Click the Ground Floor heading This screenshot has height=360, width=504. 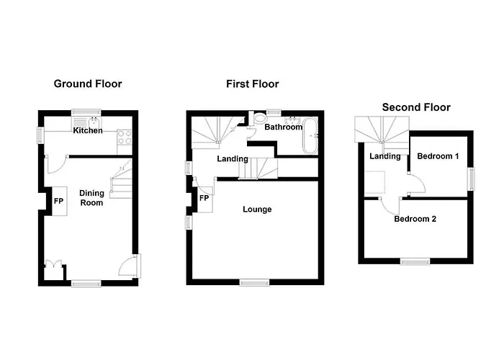88,84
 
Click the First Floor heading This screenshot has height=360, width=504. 252,84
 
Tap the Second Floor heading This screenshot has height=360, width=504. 416,107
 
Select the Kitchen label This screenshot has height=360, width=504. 88,130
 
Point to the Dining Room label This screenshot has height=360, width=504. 91,198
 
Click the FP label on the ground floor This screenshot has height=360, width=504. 58,201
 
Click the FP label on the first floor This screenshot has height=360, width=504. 204,198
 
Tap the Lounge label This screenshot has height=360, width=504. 257,210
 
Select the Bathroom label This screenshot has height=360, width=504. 283,127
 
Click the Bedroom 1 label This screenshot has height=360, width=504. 438,156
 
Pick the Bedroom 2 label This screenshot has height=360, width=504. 415,219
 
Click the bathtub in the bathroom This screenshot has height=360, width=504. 310,135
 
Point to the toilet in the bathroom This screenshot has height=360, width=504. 258,119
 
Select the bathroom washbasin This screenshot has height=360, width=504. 293,120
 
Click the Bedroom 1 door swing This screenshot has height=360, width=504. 417,184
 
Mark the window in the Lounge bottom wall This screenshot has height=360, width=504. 255,282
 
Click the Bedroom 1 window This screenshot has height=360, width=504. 471,179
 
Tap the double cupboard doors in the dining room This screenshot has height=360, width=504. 53,264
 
